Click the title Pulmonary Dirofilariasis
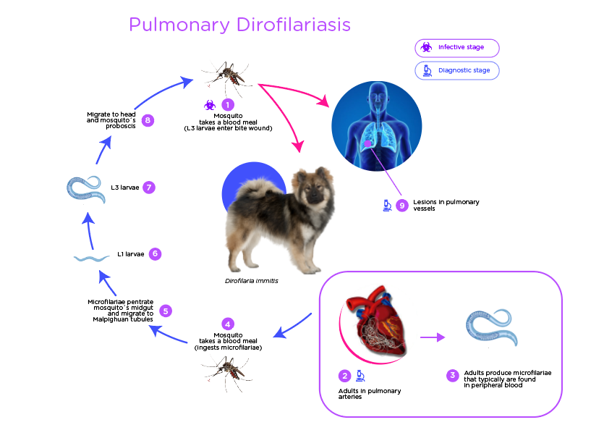tap(239, 25)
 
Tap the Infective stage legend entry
tap(457, 48)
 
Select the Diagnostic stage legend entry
tap(457, 70)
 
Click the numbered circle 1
tap(228, 105)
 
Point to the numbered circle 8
tap(148, 120)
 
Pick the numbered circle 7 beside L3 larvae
tap(148, 187)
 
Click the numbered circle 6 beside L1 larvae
tap(154, 254)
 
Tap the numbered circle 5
tap(166, 311)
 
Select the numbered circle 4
tap(228, 324)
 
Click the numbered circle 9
tap(402, 206)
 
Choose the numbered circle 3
tap(453, 375)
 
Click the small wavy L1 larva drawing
tap(90, 258)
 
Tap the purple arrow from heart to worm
tap(433, 337)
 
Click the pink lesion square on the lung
tap(368, 143)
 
